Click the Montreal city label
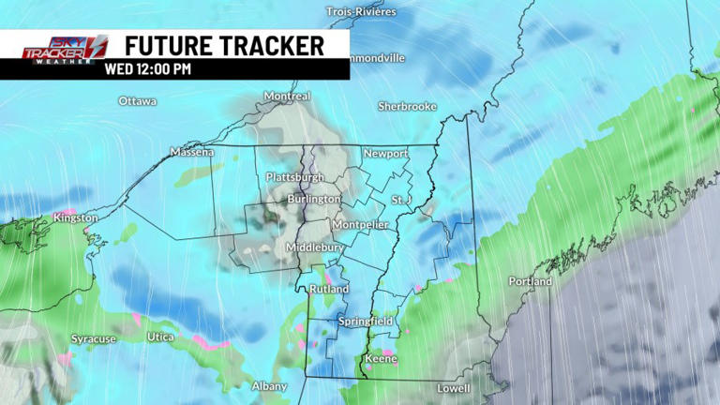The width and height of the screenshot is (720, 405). pyautogui.click(x=287, y=97)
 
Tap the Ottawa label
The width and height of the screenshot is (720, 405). pyautogui.click(x=138, y=101)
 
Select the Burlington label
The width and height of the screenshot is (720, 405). pyautogui.click(x=314, y=200)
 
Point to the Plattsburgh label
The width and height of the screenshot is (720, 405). pyautogui.click(x=295, y=177)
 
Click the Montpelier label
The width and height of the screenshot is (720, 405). pyautogui.click(x=360, y=225)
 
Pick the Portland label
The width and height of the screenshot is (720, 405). pyautogui.click(x=531, y=281)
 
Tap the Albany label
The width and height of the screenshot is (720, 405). pyautogui.click(x=269, y=386)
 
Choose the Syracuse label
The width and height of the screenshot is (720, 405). pyautogui.click(x=94, y=338)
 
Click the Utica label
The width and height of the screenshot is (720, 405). pyautogui.click(x=160, y=337)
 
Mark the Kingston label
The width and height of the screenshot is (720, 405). pyautogui.click(x=75, y=217)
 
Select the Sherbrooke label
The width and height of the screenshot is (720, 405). pyautogui.click(x=407, y=107)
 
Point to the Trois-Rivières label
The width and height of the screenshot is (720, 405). pyautogui.click(x=361, y=11)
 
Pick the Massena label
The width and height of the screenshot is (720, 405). pyautogui.click(x=192, y=152)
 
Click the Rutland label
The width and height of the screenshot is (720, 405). pyautogui.click(x=330, y=290)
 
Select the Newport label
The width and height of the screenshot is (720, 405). pyautogui.click(x=385, y=154)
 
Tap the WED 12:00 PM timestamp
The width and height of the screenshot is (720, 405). pyautogui.click(x=148, y=67)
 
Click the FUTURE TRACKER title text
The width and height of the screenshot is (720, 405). pyautogui.click(x=224, y=45)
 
